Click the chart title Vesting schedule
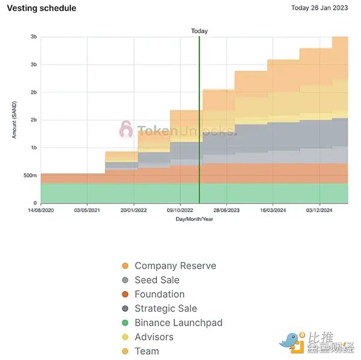[42, 8]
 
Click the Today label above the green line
[199, 31]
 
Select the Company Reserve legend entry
[174, 266]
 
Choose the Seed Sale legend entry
[156, 280]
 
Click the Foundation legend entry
[159, 294]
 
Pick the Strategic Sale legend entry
[165, 308]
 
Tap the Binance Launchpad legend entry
[178, 323]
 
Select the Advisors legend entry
[153, 337]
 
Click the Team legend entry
[146, 351]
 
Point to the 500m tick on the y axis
[29, 175]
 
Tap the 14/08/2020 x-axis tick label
[41, 211]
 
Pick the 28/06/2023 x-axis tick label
[227, 211]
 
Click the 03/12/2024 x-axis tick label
[319, 211]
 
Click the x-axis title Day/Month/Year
[194, 219]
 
